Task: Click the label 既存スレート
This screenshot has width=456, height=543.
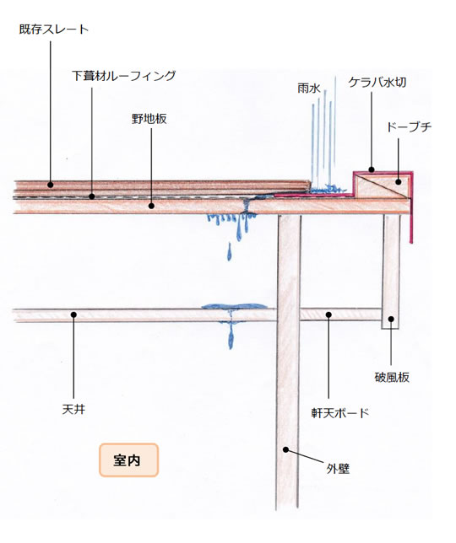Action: coord(54,29)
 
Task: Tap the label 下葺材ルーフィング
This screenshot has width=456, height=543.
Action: coord(124,76)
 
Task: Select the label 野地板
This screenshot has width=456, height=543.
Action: coord(149,119)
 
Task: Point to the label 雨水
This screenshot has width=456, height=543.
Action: coord(308,88)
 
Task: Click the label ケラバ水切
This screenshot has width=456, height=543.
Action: coord(377,83)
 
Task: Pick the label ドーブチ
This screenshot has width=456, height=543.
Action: coord(409,127)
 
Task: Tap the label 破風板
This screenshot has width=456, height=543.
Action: coord(392,377)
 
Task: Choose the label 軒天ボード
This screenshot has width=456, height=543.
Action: coord(339,413)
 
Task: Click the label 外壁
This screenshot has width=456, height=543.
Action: coord(338,469)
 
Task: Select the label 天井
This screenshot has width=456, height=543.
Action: coord(73,409)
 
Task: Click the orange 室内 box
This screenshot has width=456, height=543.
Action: coord(128,460)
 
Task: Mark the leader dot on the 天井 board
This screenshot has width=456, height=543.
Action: coord(73,315)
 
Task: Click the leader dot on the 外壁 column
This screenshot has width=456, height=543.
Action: coord(285,449)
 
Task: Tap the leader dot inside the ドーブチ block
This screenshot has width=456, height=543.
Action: coord(398,181)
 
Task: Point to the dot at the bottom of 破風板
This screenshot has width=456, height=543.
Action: coord(391,319)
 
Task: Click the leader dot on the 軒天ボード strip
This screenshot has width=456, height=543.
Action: coord(328,315)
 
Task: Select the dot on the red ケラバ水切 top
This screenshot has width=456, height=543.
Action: coord(372,169)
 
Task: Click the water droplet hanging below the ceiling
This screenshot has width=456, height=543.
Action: coord(231,340)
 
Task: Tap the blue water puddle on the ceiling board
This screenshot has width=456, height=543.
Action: coord(235,306)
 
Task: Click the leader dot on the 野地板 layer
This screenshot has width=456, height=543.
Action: coord(151,206)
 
